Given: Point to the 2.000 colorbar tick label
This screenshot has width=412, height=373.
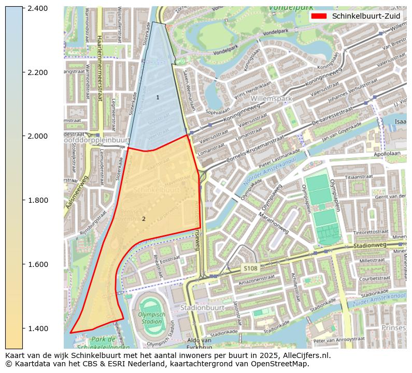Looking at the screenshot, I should click(37, 136).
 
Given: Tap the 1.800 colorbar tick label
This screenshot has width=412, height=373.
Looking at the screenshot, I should click(37, 200).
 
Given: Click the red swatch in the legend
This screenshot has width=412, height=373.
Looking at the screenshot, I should click(319, 16).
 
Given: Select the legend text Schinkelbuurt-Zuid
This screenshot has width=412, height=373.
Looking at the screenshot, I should click(366, 16).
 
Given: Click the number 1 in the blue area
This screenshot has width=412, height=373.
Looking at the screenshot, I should click(158, 97).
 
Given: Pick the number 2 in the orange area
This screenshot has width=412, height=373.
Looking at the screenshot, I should click(144, 219).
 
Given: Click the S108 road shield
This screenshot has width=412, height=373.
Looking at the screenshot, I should click(250, 268).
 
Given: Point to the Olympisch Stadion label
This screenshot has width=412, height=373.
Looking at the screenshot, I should click(151, 318).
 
